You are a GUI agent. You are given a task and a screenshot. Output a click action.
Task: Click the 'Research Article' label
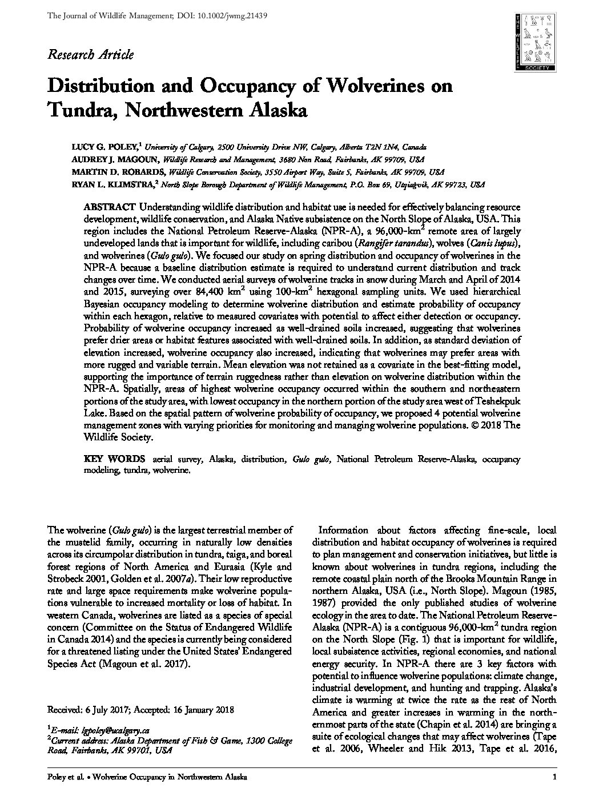(x=91, y=55)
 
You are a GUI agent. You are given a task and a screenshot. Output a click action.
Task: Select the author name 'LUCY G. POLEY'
(x=104, y=147)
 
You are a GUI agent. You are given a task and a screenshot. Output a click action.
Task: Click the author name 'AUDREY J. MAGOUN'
(x=114, y=160)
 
